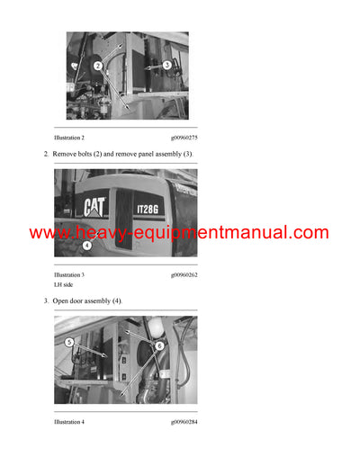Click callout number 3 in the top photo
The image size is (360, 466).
click(166, 65)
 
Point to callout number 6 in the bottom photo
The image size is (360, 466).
click(160, 345)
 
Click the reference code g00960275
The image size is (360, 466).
click(184, 137)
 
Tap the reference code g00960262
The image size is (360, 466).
click(184, 273)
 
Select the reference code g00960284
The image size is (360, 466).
click(184, 421)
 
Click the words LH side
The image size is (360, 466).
click(64, 283)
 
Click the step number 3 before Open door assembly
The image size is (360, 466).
click(46, 300)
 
